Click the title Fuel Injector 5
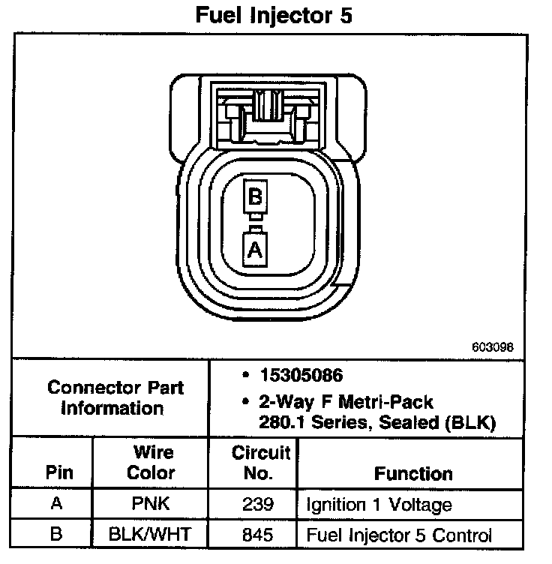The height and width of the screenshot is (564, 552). pyautogui.click(x=273, y=16)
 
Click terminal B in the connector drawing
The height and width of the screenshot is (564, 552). pyautogui.click(x=254, y=198)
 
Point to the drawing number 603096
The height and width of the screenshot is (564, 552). pyautogui.click(x=493, y=347)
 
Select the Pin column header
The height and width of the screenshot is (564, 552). pyautogui.click(x=59, y=473)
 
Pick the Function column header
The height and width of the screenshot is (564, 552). pyautogui.click(x=413, y=474)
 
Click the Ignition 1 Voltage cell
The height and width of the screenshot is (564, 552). pyautogui.click(x=379, y=504)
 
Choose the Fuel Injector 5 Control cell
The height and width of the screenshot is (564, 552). pyautogui.click(x=398, y=535)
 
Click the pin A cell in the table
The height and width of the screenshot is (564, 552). pyautogui.click(x=56, y=504)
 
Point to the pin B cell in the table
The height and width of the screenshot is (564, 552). pyautogui.click(x=56, y=535)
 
